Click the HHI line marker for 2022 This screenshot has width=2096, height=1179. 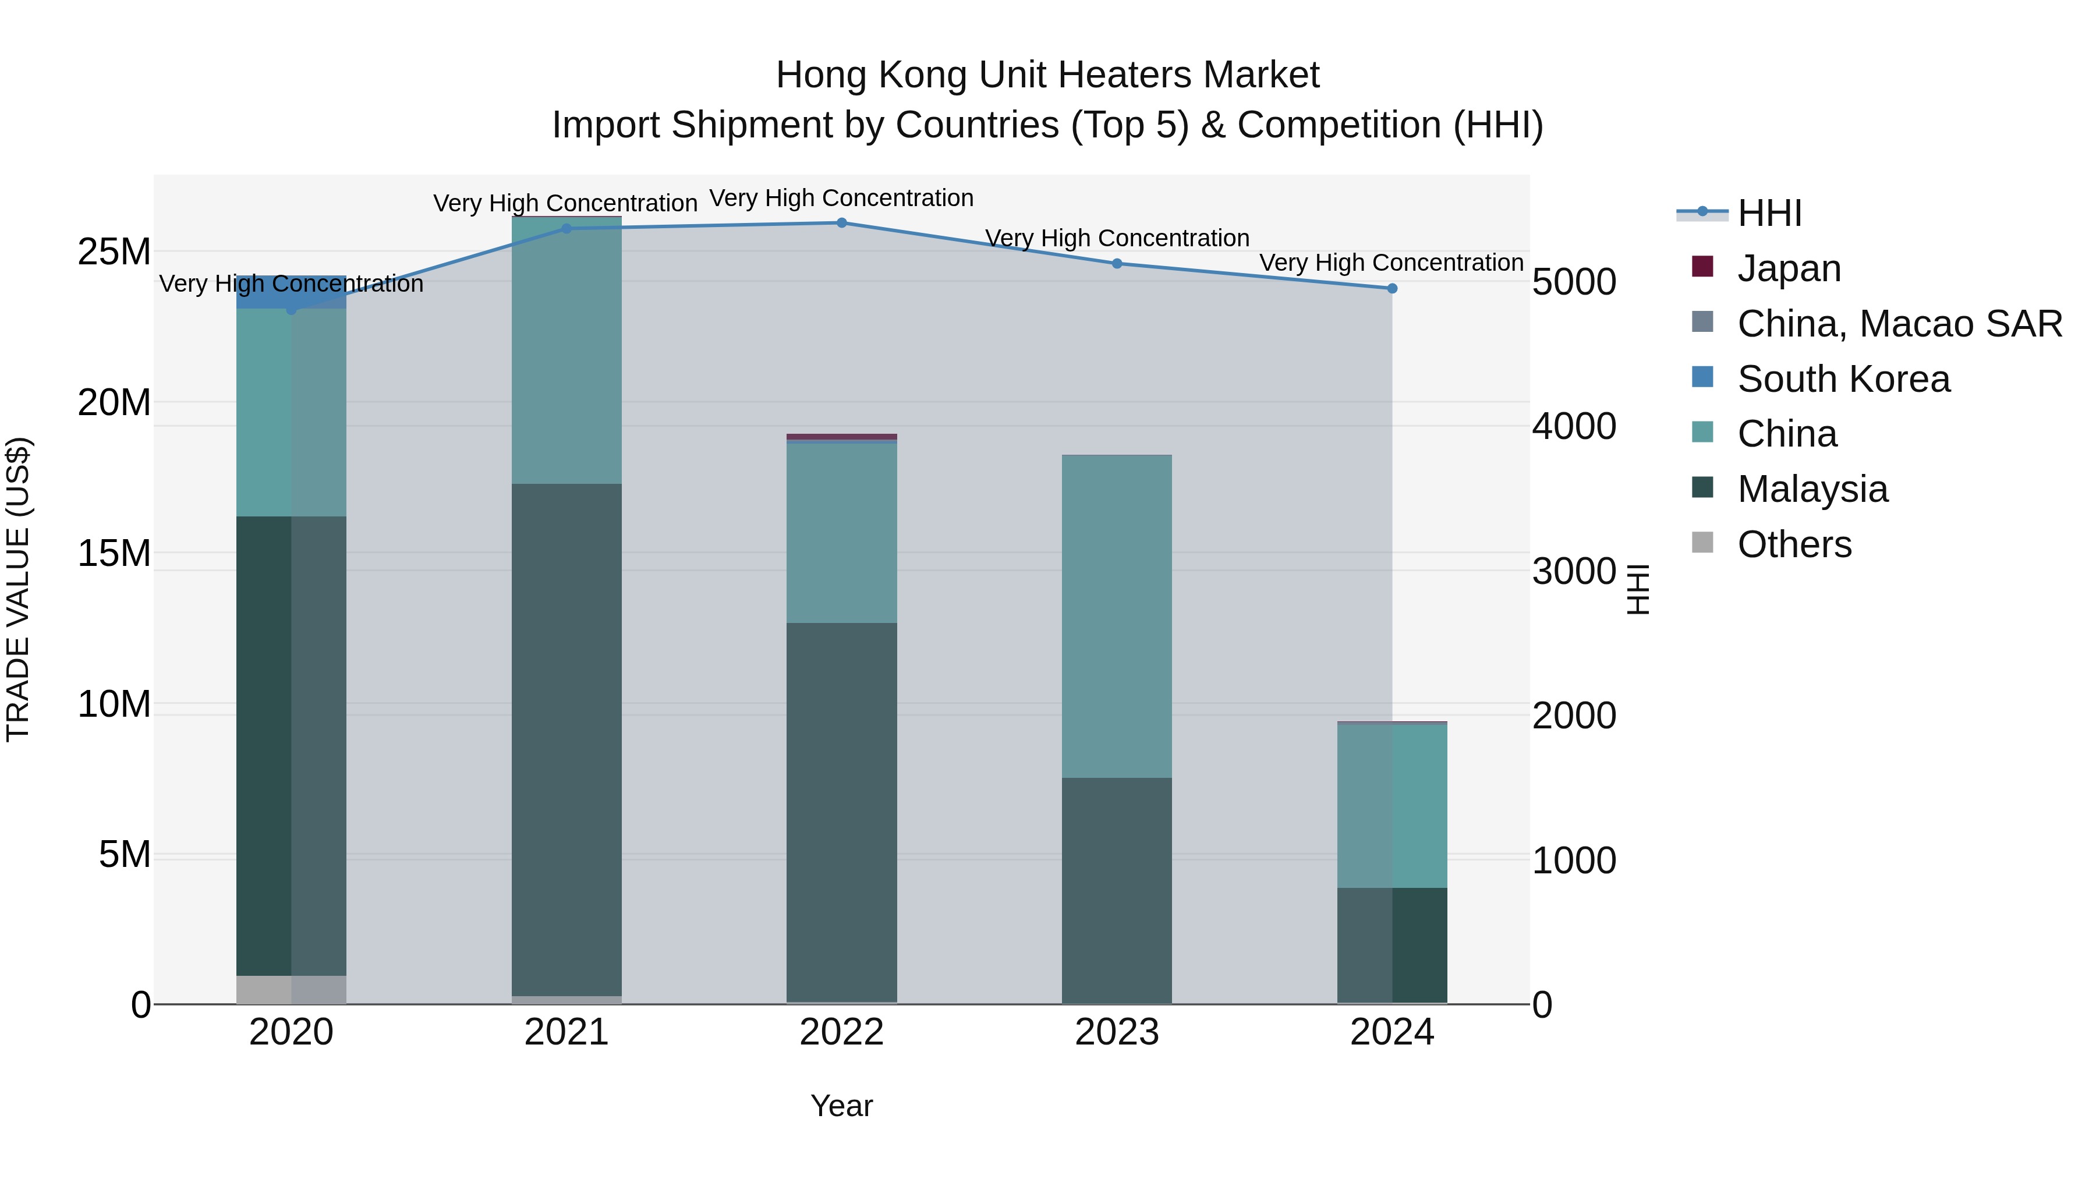click(841, 223)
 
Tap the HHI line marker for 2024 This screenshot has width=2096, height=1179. click(1392, 289)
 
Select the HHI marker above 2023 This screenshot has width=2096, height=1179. click(1116, 264)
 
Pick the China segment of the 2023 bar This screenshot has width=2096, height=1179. click(1116, 616)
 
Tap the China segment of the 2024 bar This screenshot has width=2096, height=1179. click(1392, 806)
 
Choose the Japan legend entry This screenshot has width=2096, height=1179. click(1789, 268)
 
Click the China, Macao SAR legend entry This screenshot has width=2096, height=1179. click(1899, 324)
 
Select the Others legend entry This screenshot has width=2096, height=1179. click(1794, 544)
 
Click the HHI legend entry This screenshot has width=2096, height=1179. click(1769, 213)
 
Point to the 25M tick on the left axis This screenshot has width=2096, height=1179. click(114, 252)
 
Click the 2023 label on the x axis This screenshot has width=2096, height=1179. click(1116, 1032)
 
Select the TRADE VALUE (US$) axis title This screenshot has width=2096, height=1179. click(18, 589)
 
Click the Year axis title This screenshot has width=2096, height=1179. click(841, 1106)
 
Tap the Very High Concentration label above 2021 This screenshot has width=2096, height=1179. click(565, 203)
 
